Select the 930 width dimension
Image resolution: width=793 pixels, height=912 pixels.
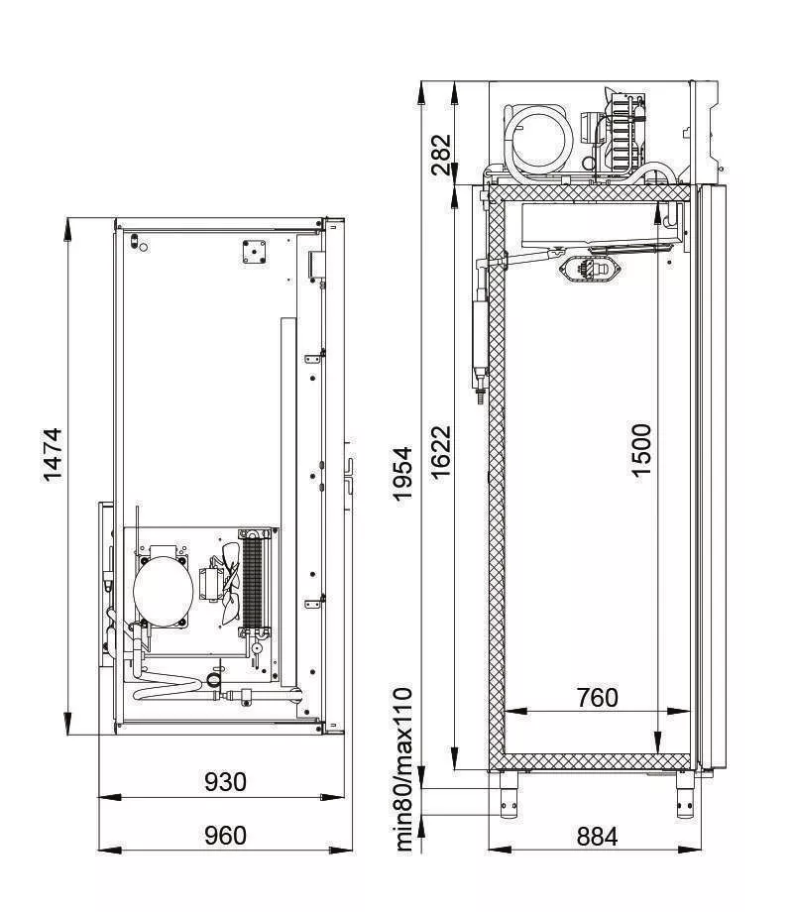[225, 782]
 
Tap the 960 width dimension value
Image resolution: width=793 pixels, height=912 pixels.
[225, 836]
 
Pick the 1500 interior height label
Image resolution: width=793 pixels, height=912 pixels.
[642, 450]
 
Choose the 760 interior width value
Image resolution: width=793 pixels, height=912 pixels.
[597, 698]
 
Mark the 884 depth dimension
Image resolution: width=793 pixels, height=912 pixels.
[597, 837]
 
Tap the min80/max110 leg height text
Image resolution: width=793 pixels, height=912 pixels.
[403, 768]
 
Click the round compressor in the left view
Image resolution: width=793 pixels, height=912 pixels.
[162, 587]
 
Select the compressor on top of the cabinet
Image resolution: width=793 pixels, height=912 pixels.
[538, 138]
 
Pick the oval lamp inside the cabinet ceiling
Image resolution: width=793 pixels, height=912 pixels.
[591, 269]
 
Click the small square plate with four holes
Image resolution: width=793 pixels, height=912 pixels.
[255, 251]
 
